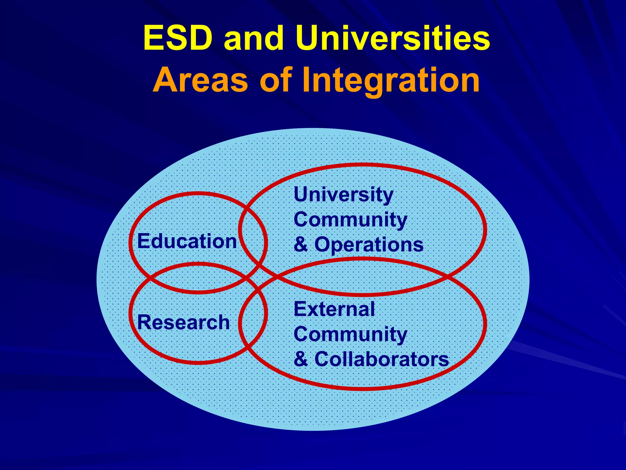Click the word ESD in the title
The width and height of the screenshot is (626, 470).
click(x=178, y=38)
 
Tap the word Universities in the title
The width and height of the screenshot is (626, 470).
click(x=393, y=38)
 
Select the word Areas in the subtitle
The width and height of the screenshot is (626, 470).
click(x=200, y=80)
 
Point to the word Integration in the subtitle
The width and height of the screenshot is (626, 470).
click(x=391, y=80)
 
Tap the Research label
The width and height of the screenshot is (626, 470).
click(x=183, y=323)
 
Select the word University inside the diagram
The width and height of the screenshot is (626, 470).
click(x=343, y=195)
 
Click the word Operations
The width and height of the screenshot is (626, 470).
click(x=369, y=245)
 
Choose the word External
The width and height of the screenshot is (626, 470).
click(x=334, y=309)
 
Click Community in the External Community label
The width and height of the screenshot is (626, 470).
click(x=350, y=334)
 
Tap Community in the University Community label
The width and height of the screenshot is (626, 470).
click(x=350, y=220)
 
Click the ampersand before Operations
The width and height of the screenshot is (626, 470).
click(x=301, y=245)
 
